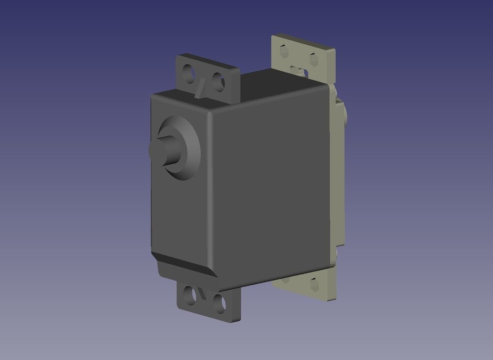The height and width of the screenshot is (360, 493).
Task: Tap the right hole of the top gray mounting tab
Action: point(218,82)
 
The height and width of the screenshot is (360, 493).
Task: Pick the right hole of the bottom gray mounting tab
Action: point(219,304)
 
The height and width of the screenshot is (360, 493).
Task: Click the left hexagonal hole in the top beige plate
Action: point(284,51)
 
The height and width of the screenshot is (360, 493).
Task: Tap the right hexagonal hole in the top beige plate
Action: point(313,60)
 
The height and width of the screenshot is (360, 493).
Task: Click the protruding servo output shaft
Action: point(163,150)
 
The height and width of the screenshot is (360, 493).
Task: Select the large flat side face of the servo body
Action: point(270,188)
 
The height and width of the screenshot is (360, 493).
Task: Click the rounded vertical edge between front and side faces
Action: point(210,193)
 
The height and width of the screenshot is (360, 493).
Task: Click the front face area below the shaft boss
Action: point(178,217)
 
